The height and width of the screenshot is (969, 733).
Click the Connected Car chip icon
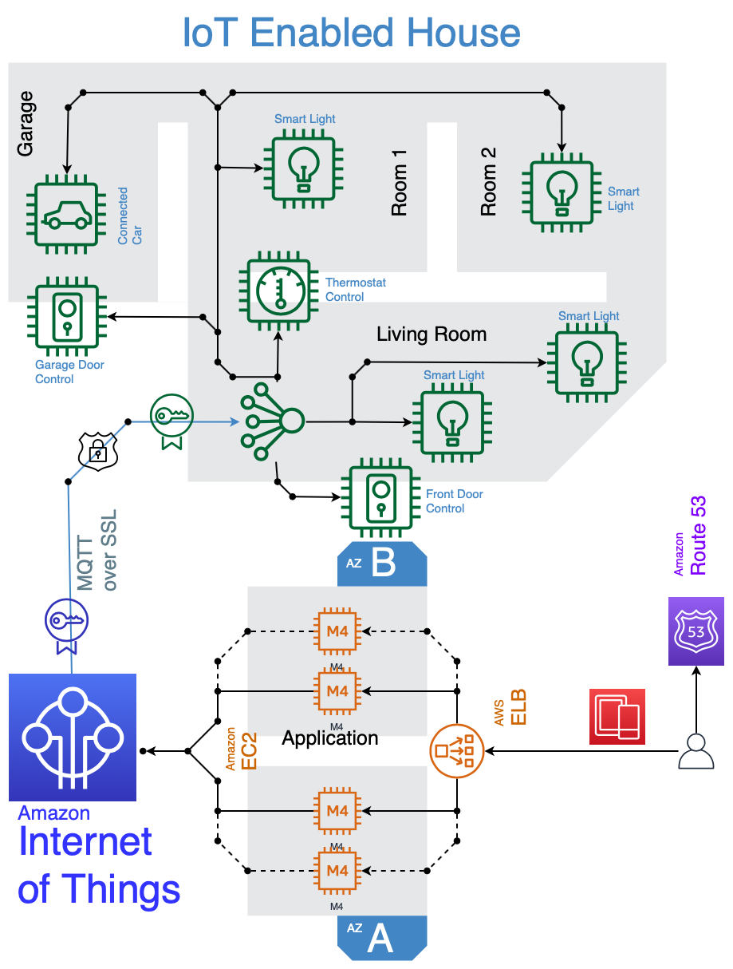coord(66,216)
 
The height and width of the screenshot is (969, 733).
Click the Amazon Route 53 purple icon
coord(696,631)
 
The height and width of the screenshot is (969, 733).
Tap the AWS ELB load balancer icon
coord(457,750)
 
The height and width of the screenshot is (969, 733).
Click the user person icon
coord(696,751)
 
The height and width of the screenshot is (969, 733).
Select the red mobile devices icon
coord(617,716)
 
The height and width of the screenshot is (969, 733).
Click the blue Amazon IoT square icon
coord(73,737)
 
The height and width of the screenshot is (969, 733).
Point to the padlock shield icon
coord(97,452)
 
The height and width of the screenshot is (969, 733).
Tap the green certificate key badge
coord(171,419)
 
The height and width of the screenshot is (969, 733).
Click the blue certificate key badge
coord(66,623)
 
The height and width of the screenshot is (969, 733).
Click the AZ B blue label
coord(382,564)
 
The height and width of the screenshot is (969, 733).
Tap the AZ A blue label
coord(381,938)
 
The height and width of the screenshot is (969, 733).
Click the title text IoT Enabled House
coord(351,33)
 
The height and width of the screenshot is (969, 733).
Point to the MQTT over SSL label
coord(97,550)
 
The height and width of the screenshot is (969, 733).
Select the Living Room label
coord(432,334)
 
